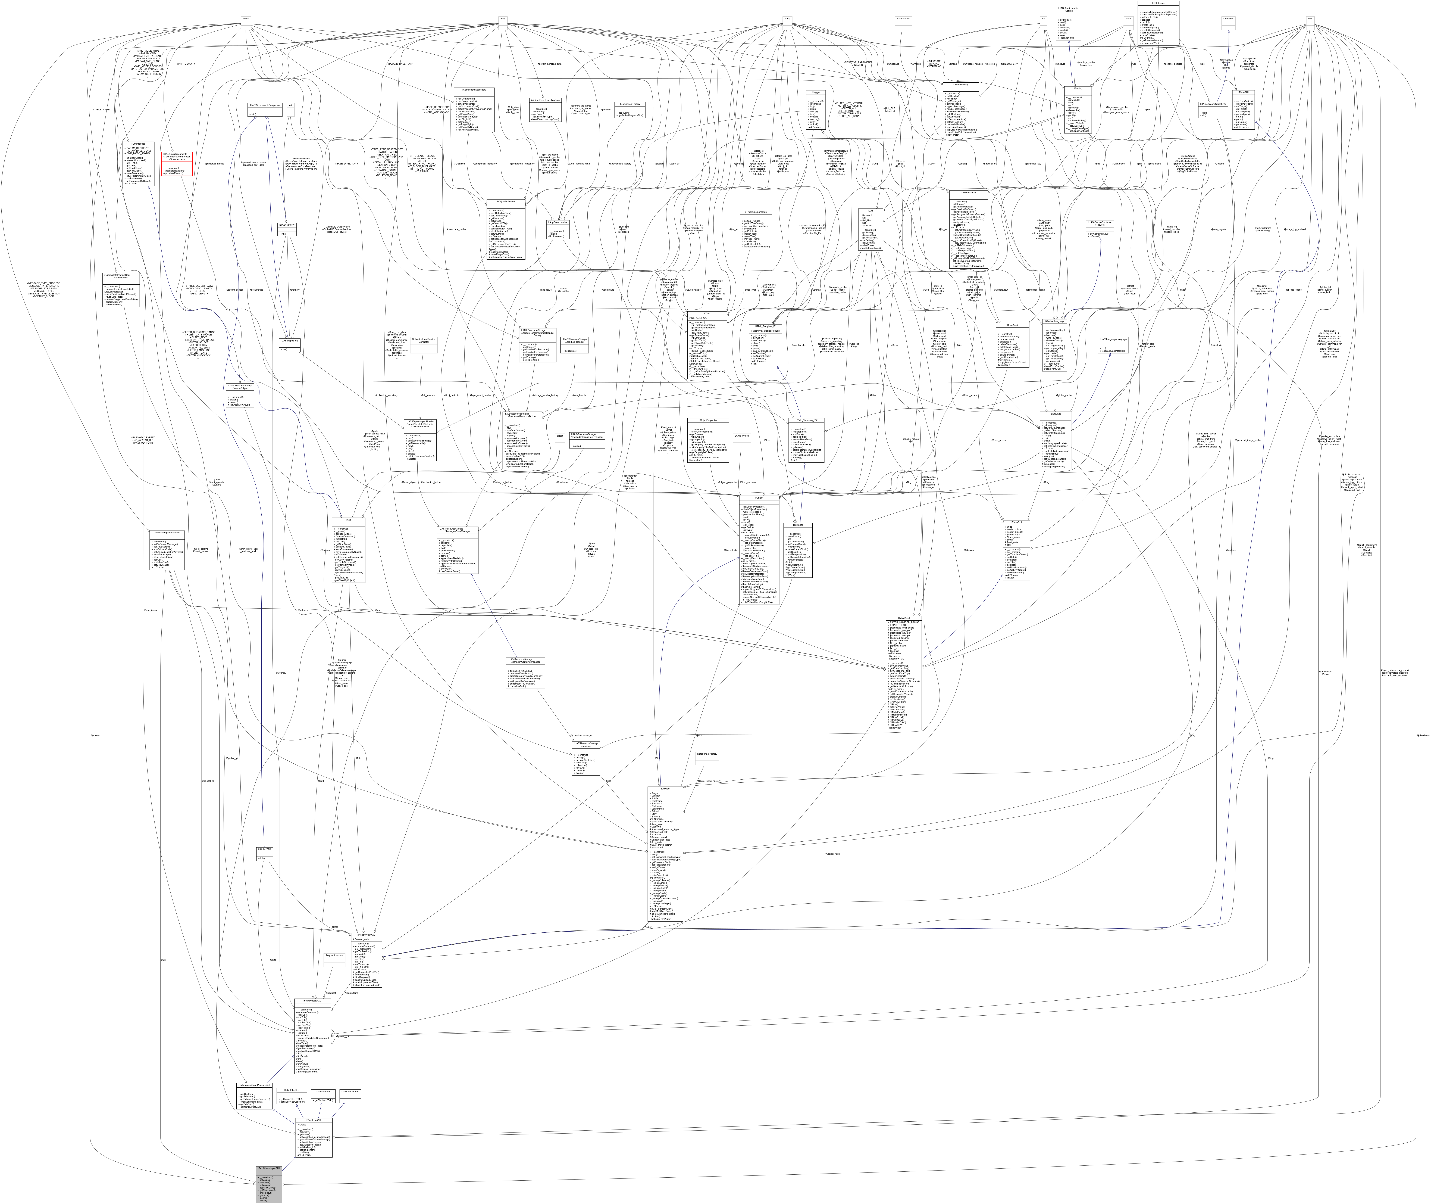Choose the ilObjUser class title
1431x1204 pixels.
[x=665, y=788]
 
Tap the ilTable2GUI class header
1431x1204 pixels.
[x=903, y=618]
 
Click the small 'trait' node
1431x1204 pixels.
[x=290, y=105]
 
